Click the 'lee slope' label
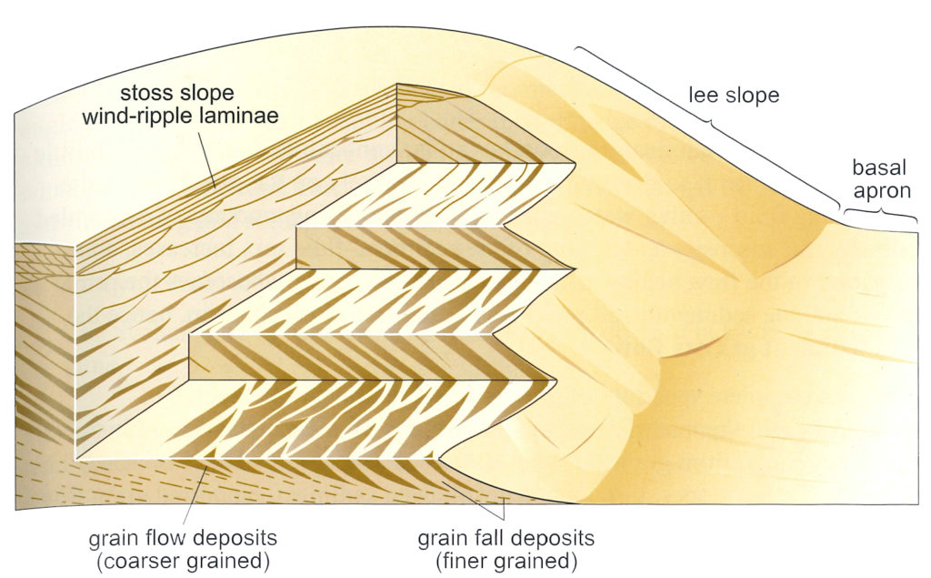[734, 95]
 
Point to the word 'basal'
[879, 167]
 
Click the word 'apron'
[882, 191]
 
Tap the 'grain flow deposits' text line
[183, 538]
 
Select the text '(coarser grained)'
[183, 561]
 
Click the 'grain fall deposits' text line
[506, 538]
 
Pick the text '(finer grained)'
[506, 561]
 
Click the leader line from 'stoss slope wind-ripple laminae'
[208, 158]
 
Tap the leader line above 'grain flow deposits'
[196, 495]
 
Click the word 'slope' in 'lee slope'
[753, 95]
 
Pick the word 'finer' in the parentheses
[463, 561]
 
